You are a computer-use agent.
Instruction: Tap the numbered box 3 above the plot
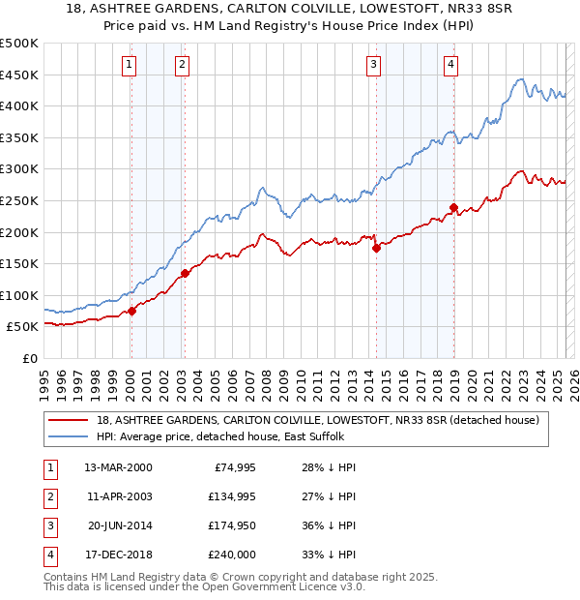(373, 65)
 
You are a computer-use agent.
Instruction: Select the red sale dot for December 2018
(453, 207)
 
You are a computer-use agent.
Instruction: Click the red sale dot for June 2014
(377, 248)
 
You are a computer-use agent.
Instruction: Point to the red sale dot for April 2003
(184, 273)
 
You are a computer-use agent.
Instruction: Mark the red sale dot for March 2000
(132, 311)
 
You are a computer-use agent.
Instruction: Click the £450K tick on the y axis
(20, 75)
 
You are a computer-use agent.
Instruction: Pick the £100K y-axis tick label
(20, 295)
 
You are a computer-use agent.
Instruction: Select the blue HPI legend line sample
(68, 436)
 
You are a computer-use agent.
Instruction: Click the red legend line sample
(68, 420)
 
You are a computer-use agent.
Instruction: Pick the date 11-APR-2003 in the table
(118, 496)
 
